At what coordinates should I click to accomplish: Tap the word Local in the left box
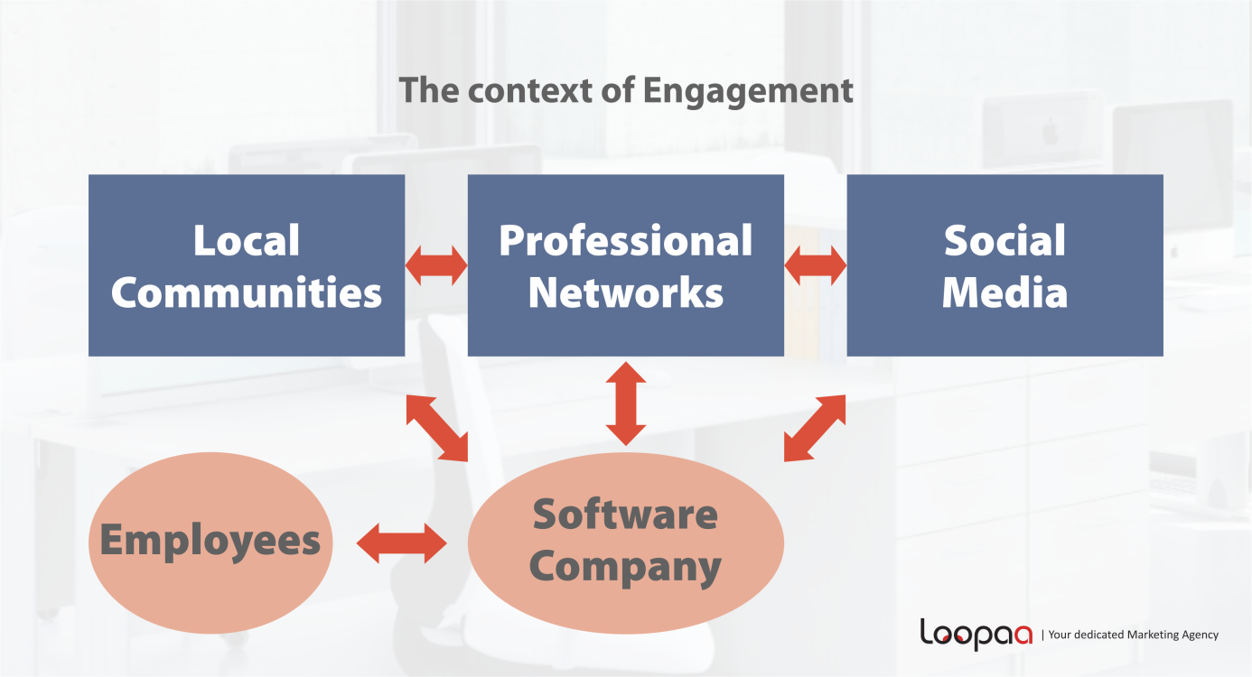[x=247, y=240]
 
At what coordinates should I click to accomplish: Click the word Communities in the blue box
[x=247, y=292]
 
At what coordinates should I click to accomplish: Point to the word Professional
[x=625, y=240]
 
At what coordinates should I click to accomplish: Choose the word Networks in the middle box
[x=625, y=292]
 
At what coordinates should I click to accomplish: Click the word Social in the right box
[x=1004, y=240]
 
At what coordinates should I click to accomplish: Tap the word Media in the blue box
[x=1004, y=292]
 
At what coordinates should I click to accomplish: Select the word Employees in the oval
[x=210, y=540]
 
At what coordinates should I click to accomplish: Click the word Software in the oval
[x=625, y=515]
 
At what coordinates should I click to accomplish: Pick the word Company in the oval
[x=625, y=566]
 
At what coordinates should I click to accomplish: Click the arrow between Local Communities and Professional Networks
[x=436, y=265]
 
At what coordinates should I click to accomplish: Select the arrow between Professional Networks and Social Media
[x=815, y=265]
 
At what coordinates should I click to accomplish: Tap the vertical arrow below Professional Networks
[x=625, y=403]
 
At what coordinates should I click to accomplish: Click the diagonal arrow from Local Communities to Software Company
[x=437, y=427]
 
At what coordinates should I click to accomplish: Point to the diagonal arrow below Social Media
[x=815, y=427]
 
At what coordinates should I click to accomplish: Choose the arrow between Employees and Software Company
[x=402, y=543]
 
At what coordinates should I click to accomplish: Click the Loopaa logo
[x=976, y=634]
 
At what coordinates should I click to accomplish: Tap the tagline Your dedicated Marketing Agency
[x=1133, y=635]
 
